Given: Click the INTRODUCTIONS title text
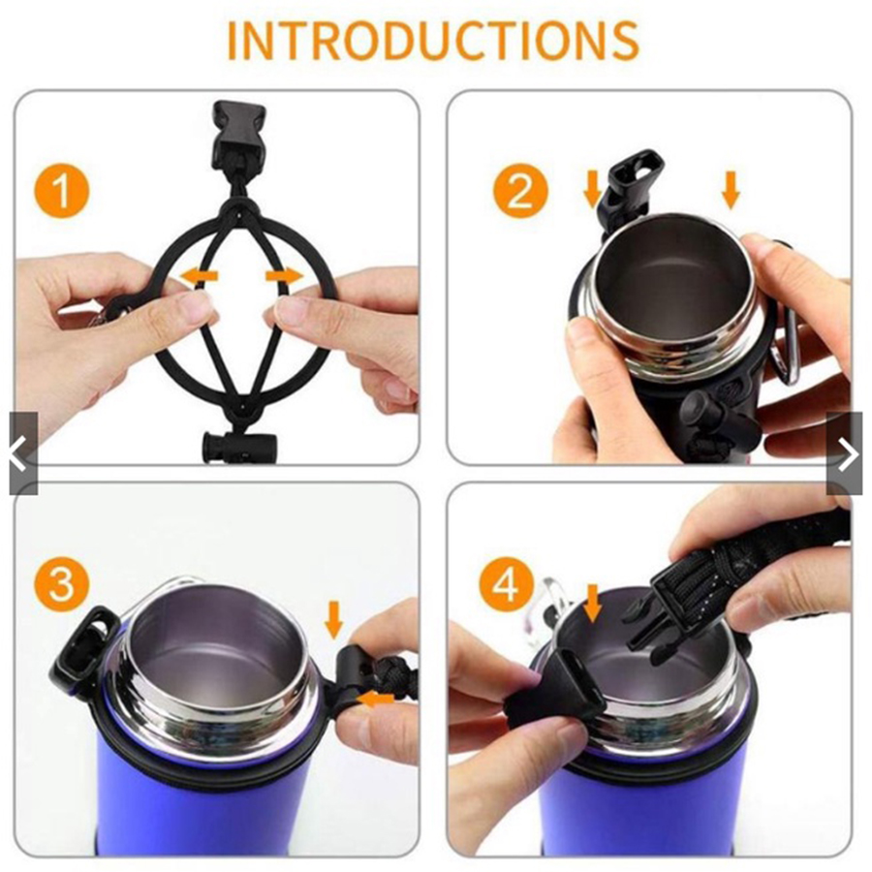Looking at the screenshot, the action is pyautogui.click(x=433, y=41).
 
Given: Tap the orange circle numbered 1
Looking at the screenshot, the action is pyautogui.click(x=62, y=191).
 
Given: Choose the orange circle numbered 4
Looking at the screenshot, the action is pyautogui.click(x=507, y=584).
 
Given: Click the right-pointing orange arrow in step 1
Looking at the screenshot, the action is pyautogui.click(x=285, y=276).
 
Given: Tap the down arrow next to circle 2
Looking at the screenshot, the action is pyautogui.click(x=593, y=190).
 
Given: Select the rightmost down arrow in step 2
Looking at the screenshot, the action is pyautogui.click(x=731, y=190).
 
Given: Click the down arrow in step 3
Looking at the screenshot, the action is pyautogui.click(x=333, y=619).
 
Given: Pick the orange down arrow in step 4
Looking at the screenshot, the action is pyautogui.click(x=593, y=603).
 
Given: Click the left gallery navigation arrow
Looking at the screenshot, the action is pyautogui.click(x=22, y=453).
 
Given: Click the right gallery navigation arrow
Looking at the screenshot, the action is pyautogui.click(x=844, y=453).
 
